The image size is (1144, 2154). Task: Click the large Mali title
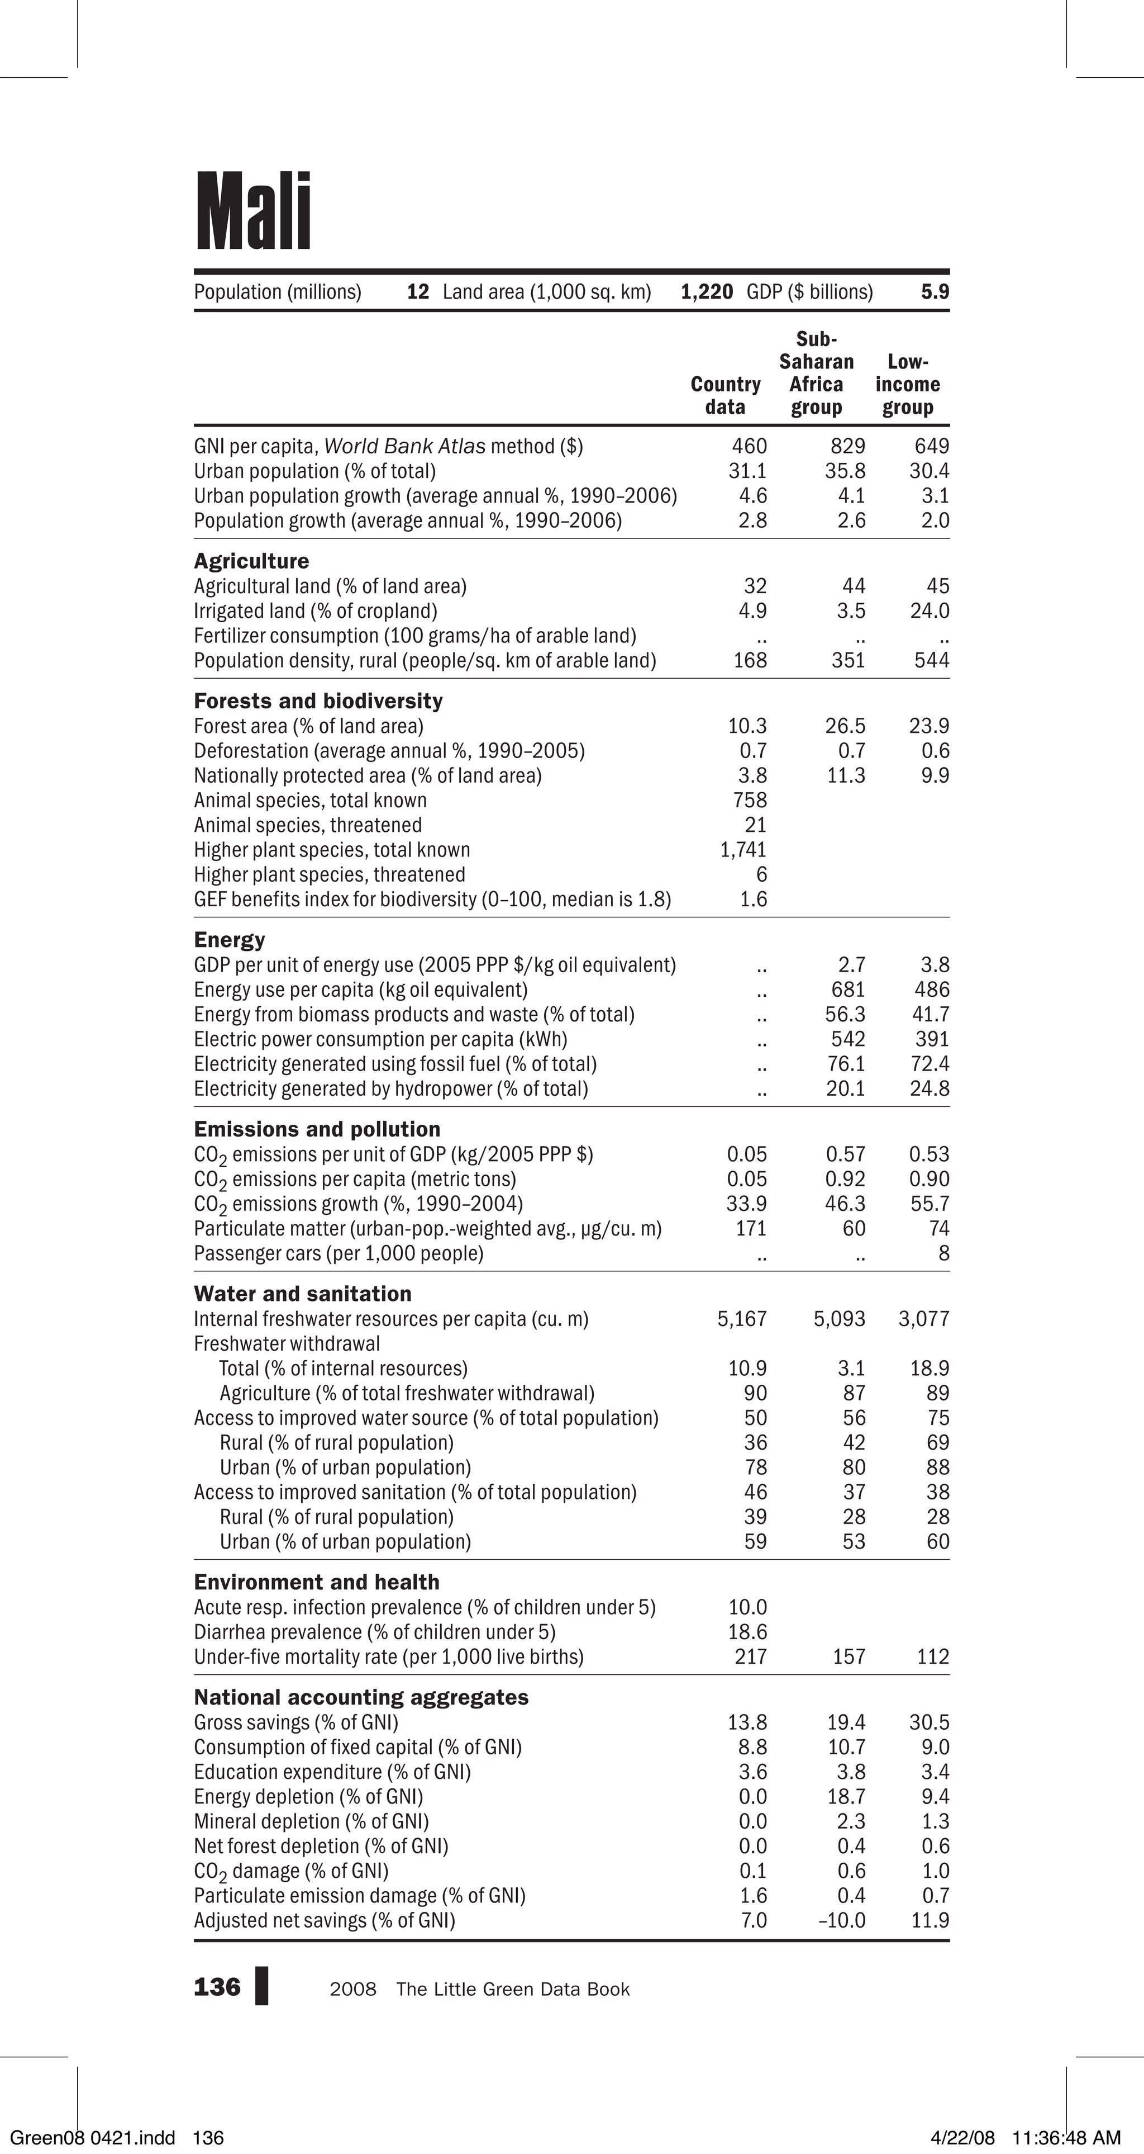point(253,211)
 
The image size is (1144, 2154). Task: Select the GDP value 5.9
point(935,292)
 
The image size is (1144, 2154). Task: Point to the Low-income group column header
point(908,385)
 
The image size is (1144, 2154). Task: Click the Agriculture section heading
point(251,561)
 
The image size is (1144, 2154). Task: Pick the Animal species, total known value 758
point(750,800)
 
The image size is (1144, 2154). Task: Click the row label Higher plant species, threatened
point(329,875)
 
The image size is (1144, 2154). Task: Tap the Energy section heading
point(229,940)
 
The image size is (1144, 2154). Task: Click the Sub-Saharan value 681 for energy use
point(847,990)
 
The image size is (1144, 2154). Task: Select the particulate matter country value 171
point(750,1228)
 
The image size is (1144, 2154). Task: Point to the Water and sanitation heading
point(303,1294)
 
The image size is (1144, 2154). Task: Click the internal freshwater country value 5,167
point(741,1319)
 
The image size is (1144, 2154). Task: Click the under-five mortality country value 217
point(750,1656)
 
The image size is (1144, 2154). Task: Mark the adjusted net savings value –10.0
point(841,1921)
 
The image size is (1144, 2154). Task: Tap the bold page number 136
point(216,1987)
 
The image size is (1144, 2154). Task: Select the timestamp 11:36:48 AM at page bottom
point(1065,2138)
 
